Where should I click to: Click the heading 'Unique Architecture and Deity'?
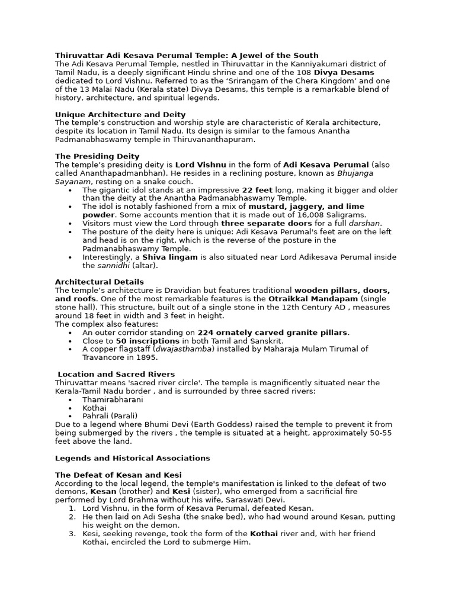click(x=120, y=114)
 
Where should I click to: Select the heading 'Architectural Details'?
click(x=100, y=282)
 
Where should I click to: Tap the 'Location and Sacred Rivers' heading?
click(x=116, y=374)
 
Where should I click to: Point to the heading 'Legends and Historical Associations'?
click(x=133, y=458)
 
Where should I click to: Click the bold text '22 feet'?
click(x=257, y=190)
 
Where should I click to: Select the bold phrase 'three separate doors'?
click(x=261, y=224)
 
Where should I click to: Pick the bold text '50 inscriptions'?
click(x=148, y=341)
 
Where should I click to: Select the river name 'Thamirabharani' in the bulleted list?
click(x=113, y=399)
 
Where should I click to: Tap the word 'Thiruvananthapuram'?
click(x=215, y=139)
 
